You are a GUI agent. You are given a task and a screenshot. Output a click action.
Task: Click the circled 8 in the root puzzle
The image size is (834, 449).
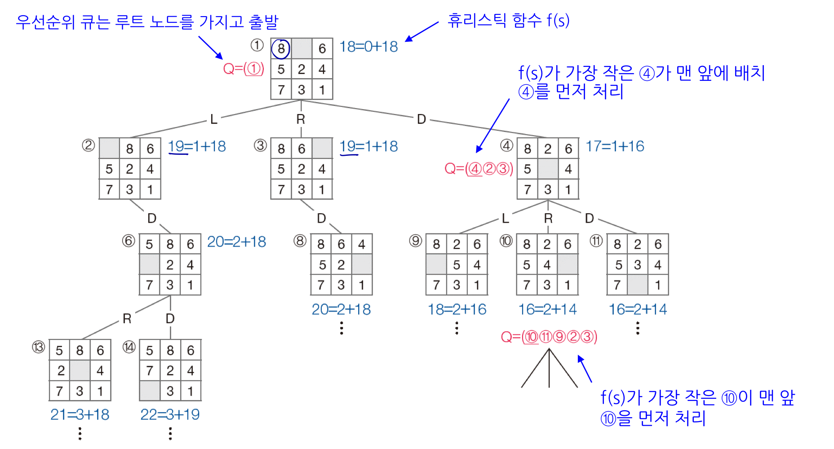tap(281, 48)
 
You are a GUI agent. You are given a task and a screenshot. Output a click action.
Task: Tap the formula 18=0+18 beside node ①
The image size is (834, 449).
tap(368, 47)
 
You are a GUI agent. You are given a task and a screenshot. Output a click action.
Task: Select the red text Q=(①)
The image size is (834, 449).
tap(244, 69)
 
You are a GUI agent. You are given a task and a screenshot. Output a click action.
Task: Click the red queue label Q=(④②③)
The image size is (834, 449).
tap(479, 169)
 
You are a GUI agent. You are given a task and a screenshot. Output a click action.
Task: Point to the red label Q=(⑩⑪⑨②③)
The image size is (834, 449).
tap(549, 337)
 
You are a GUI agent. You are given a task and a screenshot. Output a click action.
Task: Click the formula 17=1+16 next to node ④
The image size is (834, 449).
tap(615, 146)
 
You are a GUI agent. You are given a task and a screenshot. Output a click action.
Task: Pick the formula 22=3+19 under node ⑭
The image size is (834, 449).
tap(170, 414)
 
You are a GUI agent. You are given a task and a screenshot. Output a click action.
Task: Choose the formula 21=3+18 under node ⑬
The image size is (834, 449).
tap(80, 414)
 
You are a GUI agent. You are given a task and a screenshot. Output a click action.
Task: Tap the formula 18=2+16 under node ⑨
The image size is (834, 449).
tap(457, 309)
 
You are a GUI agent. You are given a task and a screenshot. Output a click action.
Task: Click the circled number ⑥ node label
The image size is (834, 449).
tap(129, 241)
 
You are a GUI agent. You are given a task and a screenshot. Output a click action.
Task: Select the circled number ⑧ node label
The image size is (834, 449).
tap(300, 241)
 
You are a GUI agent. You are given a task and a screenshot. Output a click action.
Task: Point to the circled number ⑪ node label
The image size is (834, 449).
tap(596, 241)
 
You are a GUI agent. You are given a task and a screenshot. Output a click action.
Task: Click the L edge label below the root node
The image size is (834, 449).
tap(214, 119)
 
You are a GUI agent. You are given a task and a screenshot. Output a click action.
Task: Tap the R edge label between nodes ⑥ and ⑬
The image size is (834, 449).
tap(127, 319)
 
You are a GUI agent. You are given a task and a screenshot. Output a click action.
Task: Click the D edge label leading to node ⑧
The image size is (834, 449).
tap(321, 219)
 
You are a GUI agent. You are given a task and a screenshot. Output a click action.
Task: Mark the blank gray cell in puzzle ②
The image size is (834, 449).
tap(109, 149)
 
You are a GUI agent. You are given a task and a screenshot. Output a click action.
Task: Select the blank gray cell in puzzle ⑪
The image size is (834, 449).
tap(638, 285)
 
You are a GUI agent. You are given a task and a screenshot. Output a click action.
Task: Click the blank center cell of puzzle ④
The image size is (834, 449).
tap(548, 169)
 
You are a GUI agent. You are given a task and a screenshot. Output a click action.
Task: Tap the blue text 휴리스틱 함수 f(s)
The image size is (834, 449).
tap(509, 20)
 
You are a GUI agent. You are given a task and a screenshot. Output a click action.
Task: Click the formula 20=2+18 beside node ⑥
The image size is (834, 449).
tap(236, 242)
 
